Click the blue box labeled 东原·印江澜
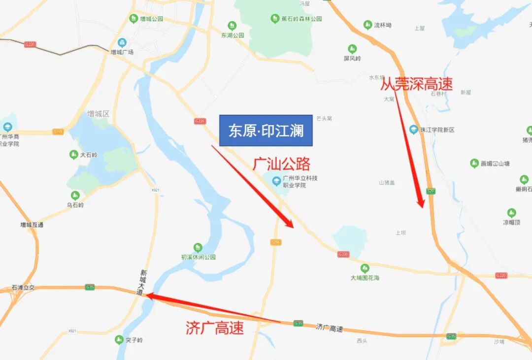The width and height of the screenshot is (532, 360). (x=266, y=131)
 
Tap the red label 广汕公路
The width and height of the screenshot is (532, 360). (x=282, y=164)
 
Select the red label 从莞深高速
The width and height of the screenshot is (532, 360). (x=416, y=84)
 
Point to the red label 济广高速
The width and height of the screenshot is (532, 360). (x=215, y=328)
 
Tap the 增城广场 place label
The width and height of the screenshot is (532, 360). (x=122, y=52)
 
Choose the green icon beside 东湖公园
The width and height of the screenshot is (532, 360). (x=232, y=26)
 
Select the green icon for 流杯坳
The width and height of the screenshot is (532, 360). (x=367, y=25)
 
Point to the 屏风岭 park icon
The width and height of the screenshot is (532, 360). (x=352, y=49)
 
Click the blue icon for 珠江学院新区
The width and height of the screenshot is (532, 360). (x=414, y=129)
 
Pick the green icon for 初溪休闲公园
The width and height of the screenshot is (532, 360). (x=198, y=247)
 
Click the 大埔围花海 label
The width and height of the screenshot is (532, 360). (x=365, y=278)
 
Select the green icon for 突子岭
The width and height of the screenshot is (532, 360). (x=119, y=339)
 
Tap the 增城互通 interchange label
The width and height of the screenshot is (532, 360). (x=32, y=225)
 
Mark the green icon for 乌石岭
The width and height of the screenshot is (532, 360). (x=75, y=196)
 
